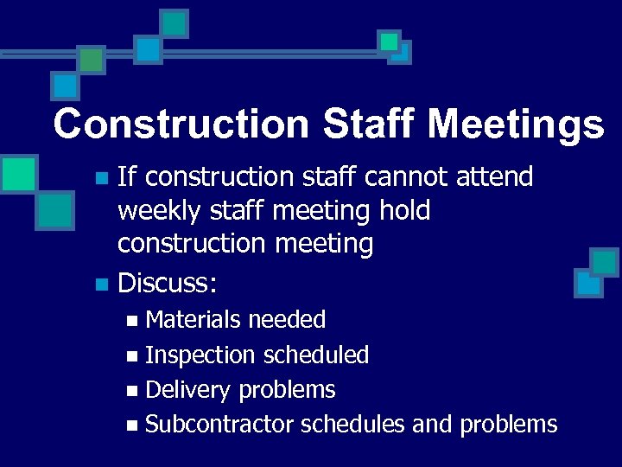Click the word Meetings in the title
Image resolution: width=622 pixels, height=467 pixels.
(x=515, y=125)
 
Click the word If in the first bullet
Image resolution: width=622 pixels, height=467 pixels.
(x=126, y=177)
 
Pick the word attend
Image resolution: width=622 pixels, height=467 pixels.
(x=496, y=177)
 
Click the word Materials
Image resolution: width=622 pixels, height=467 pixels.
(x=193, y=320)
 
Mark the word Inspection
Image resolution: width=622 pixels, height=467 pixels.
(x=200, y=355)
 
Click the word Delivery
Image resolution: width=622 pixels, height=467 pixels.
(x=188, y=390)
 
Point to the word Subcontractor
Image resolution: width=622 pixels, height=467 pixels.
(x=219, y=425)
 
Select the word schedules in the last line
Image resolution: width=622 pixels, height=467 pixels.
(x=352, y=425)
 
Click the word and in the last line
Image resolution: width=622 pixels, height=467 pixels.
(x=432, y=425)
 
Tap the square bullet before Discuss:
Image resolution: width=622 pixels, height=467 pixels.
(x=100, y=283)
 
